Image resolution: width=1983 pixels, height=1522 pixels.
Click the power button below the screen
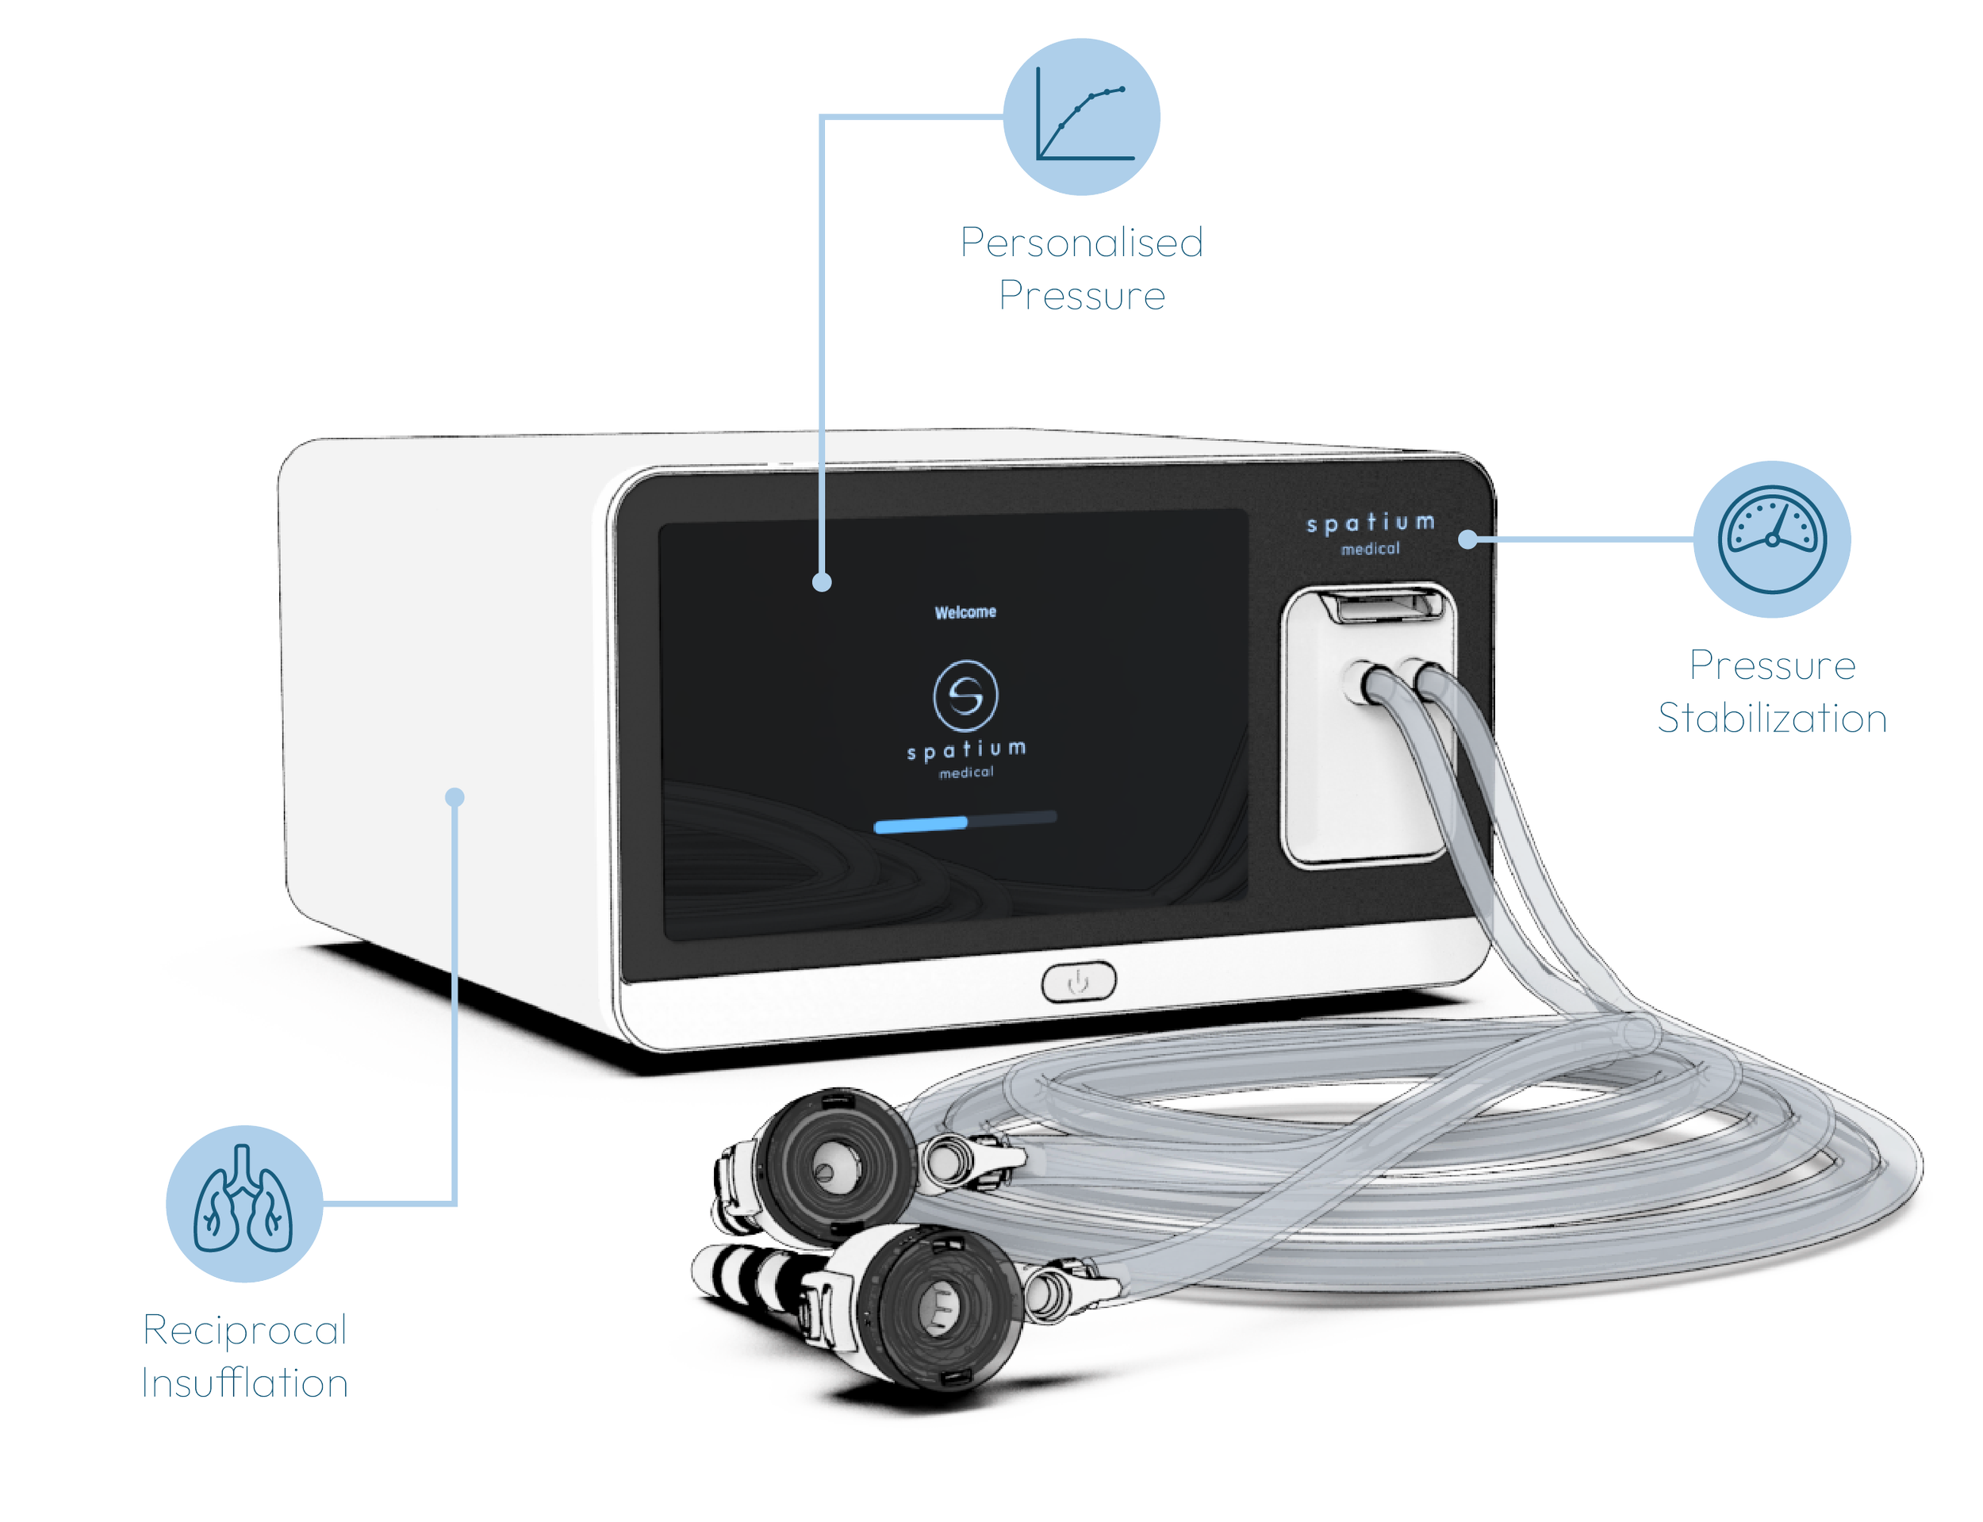(1078, 981)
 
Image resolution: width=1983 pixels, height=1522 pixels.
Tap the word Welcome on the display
(965, 612)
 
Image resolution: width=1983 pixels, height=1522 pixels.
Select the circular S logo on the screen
(965, 695)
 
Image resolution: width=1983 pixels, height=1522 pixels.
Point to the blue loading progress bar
(920, 823)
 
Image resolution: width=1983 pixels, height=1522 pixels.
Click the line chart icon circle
(1082, 116)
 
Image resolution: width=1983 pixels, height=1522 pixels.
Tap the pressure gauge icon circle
(1771, 539)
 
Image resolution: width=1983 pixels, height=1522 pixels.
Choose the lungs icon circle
(244, 1203)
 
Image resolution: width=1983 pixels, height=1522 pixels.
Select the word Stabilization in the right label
(1771, 719)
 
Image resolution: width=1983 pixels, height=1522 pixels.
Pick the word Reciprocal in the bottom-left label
(244, 1330)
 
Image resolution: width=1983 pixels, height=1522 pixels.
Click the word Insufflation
(244, 1383)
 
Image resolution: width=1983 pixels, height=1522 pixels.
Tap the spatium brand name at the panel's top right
(1370, 523)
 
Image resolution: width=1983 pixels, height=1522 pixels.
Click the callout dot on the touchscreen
(822, 582)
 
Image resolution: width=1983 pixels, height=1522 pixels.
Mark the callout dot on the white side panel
(455, 797)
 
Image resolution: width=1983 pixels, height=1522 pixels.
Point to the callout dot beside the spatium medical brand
(1467, 540)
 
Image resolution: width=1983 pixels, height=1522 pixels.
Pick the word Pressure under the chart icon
(1082, 295)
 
